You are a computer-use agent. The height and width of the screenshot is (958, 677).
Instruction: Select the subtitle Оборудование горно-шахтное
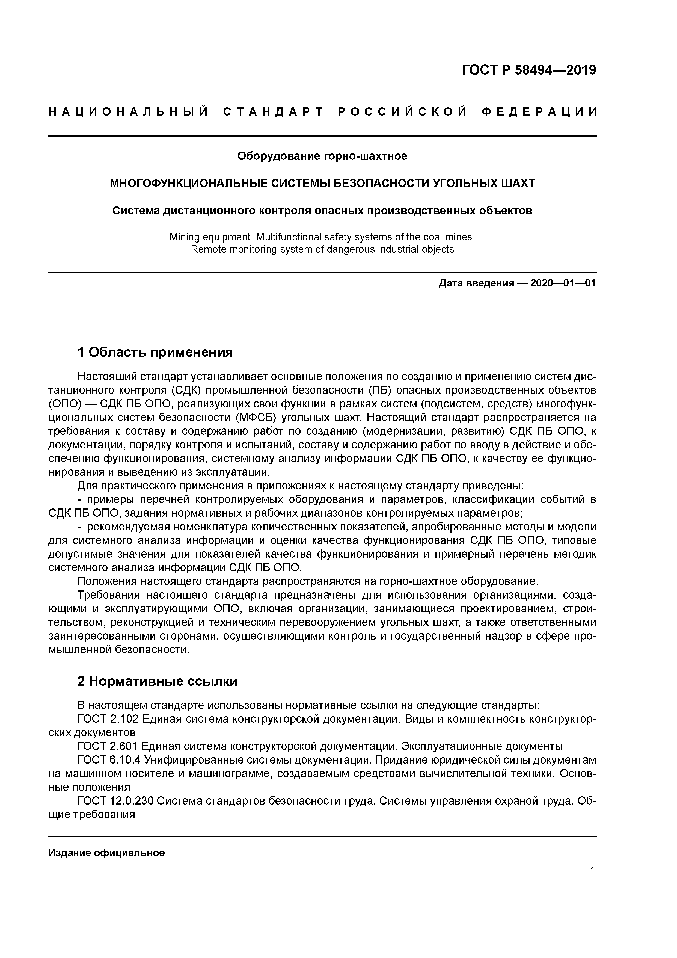[322, 156]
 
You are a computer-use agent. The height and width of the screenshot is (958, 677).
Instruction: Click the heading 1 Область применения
[155, 352]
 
